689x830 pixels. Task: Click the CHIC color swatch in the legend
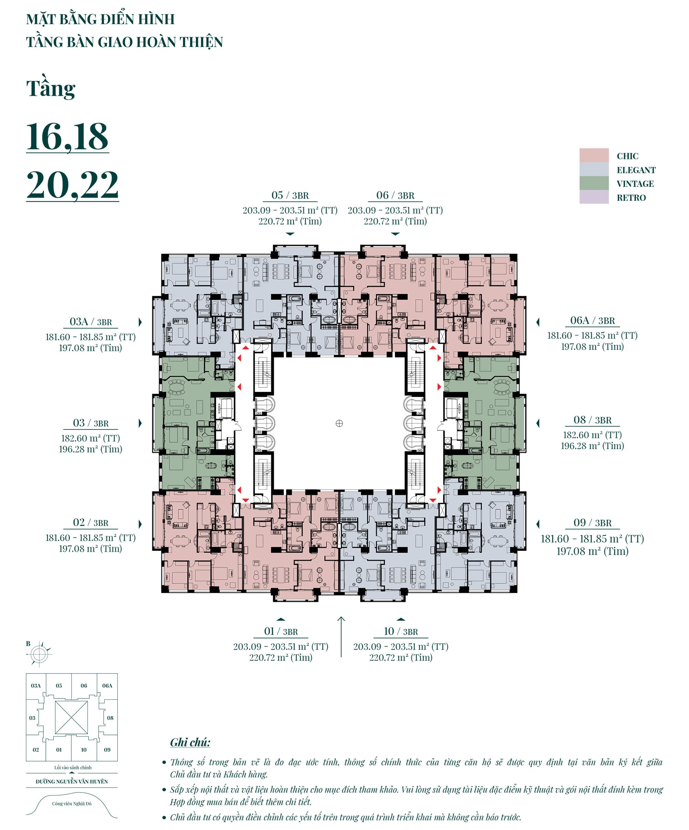tap(593, 155)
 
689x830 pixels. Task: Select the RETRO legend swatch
tap(593, 197)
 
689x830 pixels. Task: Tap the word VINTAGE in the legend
tap(635, 184)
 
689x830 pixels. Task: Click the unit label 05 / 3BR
tap(290, 195)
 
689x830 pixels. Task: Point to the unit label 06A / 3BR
tap(592, 321)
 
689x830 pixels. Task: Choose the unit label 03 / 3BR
tap(91, 423)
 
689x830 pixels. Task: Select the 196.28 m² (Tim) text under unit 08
tap(592, 446)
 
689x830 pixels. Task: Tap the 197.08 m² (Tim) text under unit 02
tap(91, 549)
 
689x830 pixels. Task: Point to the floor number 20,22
tap(72, 185)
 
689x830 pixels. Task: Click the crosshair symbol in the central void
tap(339, 423)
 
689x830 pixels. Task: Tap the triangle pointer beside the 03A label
tap(140, 322)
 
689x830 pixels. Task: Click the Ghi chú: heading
tap(190, 742)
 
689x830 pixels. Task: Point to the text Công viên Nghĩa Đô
tap(72, 803)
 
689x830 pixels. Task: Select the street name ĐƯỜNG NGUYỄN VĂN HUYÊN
tap(72, 781)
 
